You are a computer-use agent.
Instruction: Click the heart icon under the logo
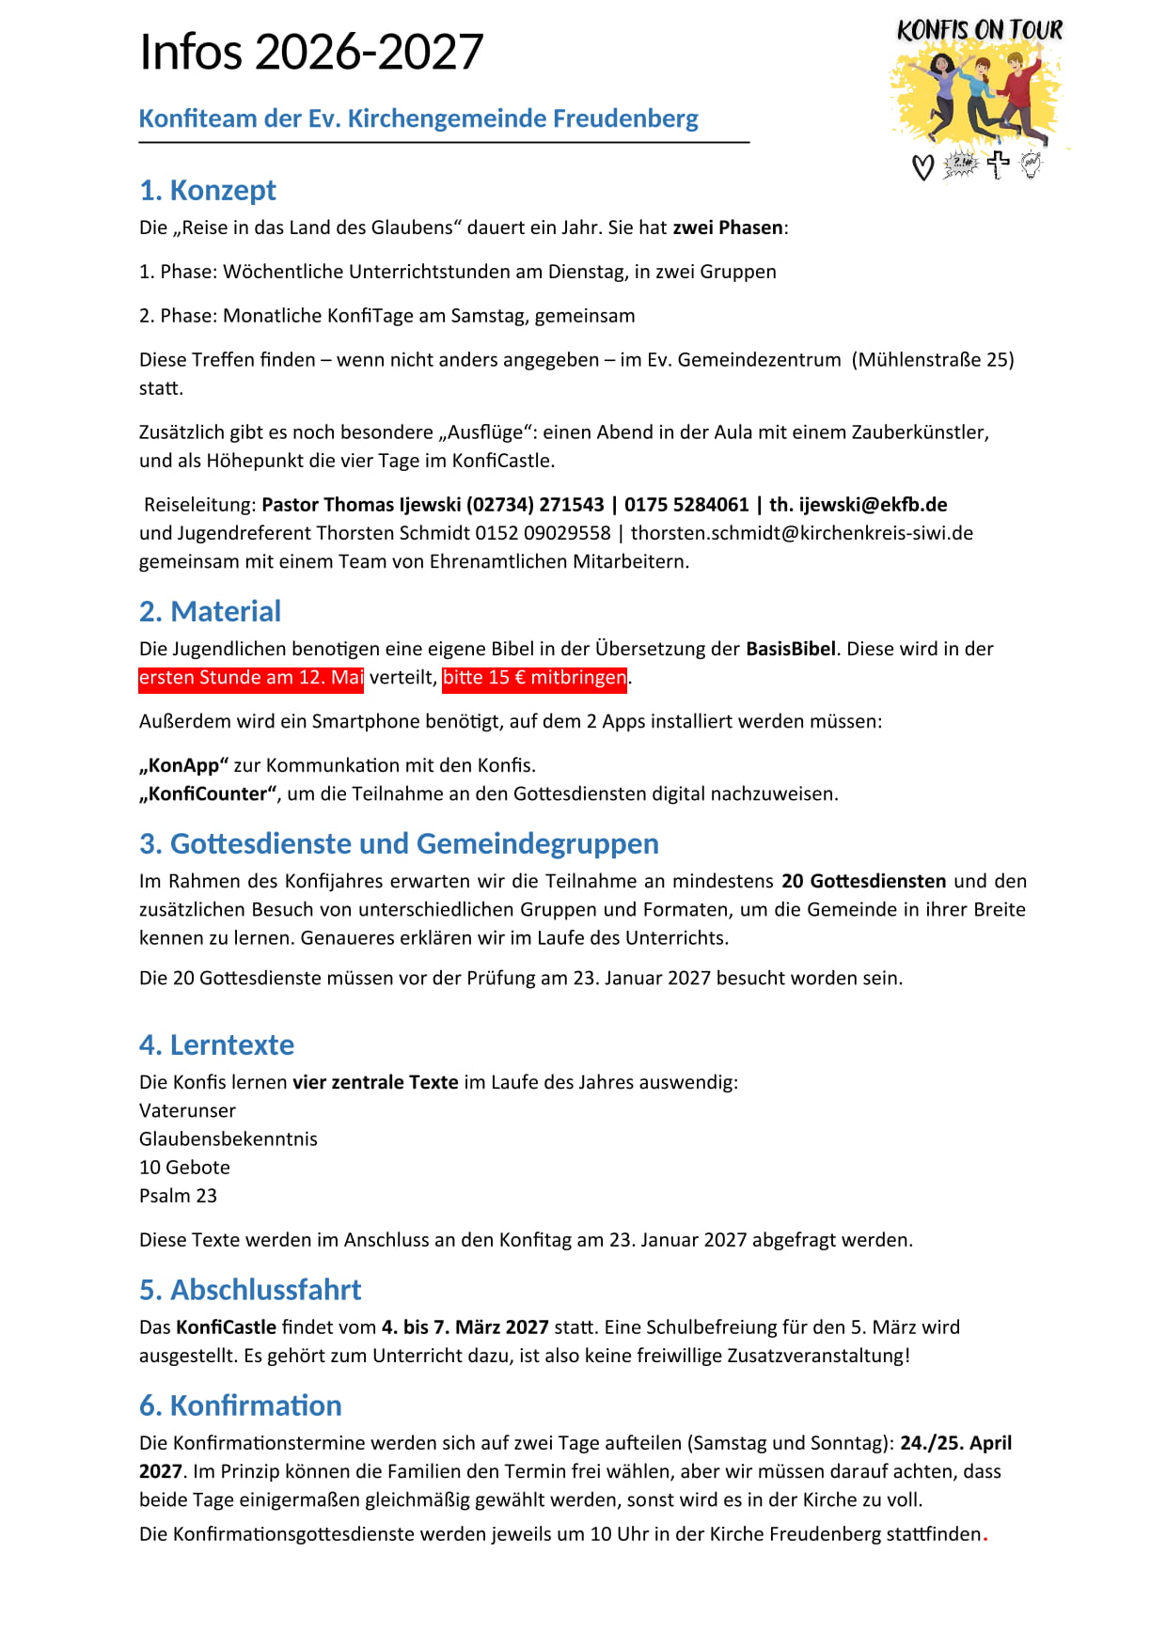[923, 167]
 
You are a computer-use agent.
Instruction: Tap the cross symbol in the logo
[998, 164]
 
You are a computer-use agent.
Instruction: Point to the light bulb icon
[1032, 165]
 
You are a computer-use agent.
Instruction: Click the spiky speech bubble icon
[960, 164]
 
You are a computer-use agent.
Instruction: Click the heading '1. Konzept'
[207, 190]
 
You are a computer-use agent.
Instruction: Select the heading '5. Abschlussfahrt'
[249, 1289]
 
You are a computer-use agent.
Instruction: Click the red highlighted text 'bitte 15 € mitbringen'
[534, 677]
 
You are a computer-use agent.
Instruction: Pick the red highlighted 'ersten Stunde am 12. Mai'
[251, 677]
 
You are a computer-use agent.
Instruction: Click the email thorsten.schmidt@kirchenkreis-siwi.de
[801, 533]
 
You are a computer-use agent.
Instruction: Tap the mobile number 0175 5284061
[686, 505]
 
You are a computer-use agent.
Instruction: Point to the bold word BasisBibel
[790, 649]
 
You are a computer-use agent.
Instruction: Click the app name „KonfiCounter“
[209, 793]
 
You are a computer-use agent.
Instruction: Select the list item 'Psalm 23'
[178, 1195]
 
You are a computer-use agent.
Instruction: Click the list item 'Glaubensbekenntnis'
[228, 1138]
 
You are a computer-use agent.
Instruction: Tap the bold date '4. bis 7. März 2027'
[465, 1326]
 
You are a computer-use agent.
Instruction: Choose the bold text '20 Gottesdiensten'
[863, 881]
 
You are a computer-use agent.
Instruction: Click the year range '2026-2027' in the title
[369, 52]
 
